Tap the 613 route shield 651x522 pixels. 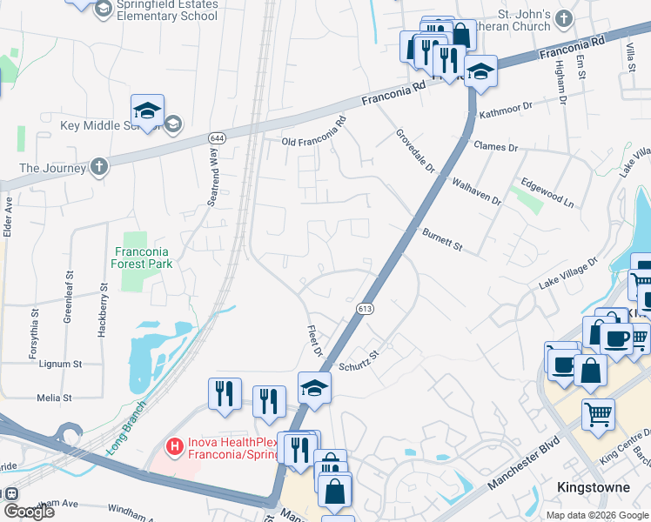pos(365,308)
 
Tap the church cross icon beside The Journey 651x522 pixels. pos(100,167)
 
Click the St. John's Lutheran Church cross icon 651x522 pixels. pos(565,17)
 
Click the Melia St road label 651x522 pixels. pos(54,398)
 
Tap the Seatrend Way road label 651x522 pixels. pos(211,176)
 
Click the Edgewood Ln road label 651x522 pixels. pos(547,192)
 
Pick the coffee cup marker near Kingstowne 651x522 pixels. pos(616,339)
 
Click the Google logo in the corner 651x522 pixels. pos(29,512)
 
